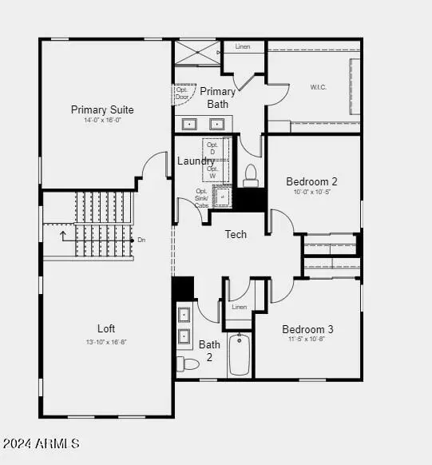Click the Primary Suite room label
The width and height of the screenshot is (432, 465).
102,109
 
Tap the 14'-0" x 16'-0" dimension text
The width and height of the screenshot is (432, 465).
102,121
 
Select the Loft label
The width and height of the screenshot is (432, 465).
106,328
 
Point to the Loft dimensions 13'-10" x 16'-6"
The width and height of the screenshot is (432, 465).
106,340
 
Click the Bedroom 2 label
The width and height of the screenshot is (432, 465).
311,181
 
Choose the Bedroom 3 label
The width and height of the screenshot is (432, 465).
307,329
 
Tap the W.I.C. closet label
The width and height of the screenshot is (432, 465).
319,87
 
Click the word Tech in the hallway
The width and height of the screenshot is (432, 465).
236,234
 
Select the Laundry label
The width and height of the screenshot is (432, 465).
195,161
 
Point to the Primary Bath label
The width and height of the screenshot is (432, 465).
217,97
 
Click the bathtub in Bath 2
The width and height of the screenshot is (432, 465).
240,354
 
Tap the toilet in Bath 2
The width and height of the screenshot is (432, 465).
188,364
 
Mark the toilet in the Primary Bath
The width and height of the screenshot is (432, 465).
250,174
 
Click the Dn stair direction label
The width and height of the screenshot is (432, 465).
141,240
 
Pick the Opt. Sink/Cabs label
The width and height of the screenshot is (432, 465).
201,197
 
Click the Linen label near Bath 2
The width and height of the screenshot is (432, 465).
239,307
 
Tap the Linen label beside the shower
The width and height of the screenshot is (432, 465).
243,47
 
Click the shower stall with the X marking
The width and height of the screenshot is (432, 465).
197,52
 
